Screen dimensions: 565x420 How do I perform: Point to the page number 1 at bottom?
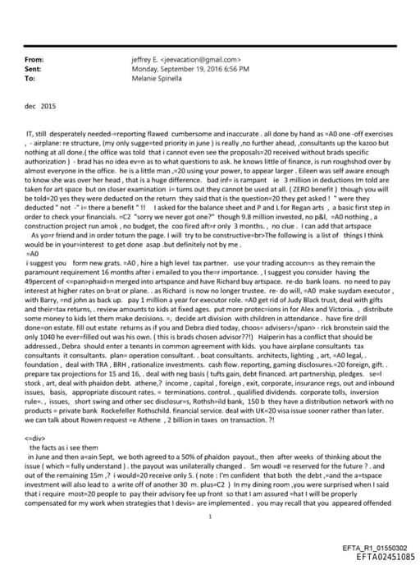click(x=210, y=517)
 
